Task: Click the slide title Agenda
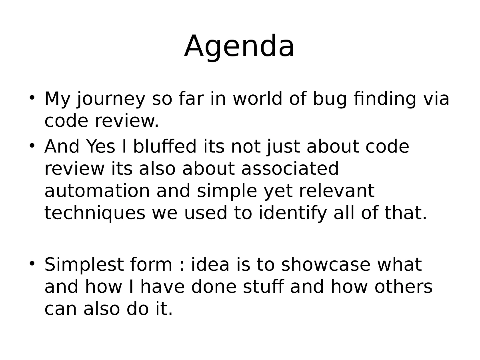coord(239,47)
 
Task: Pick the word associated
coord(290,169)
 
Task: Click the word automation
coord(97,191)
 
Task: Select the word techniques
coord(94,213)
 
